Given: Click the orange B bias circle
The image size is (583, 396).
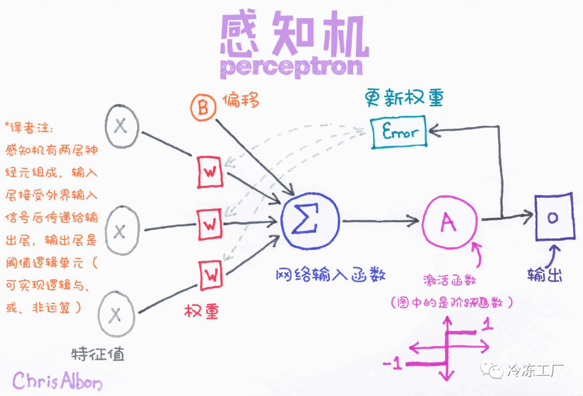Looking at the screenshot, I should click(203, 108).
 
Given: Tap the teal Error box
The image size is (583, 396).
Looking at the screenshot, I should click(399, 132).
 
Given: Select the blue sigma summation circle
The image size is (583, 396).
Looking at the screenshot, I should click(310, 221).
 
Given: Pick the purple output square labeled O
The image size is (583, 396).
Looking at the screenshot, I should click(553, 218).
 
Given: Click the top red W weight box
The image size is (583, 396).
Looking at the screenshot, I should click(209, 172).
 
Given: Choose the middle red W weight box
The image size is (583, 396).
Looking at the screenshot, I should click(209, 224).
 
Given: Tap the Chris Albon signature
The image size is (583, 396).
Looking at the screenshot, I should click(57, 380).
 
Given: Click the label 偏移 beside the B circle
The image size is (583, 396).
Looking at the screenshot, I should click(241, 101).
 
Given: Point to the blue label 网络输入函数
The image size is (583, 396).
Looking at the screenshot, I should click(330, 274).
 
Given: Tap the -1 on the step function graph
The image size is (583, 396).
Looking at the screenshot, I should click(394, 365).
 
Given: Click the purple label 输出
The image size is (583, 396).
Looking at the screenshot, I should click(544, 275).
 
